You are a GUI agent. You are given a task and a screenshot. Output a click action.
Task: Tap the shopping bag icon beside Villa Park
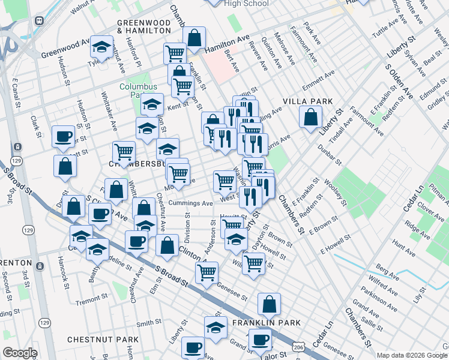(310, 118)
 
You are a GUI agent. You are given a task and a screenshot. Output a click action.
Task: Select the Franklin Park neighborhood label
(266, 323)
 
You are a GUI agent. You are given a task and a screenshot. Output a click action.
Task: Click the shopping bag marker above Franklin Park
(270, 305)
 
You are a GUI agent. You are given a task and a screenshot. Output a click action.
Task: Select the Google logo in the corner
(20, 353)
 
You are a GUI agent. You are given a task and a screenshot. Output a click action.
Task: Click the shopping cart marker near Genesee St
(207, 272)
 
